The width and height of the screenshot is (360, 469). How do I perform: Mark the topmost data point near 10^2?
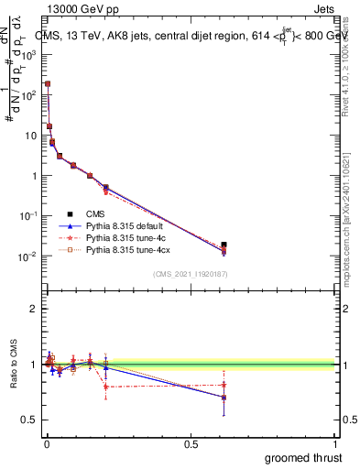[x=48, y=83]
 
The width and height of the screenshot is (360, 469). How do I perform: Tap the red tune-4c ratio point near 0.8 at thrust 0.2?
[x=106, y=387]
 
